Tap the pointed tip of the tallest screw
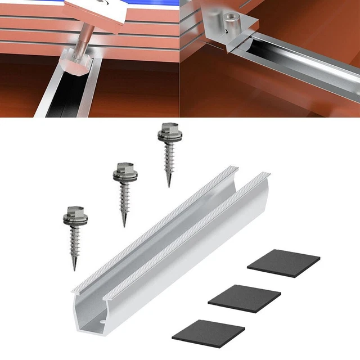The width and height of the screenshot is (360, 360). point(168,186)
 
